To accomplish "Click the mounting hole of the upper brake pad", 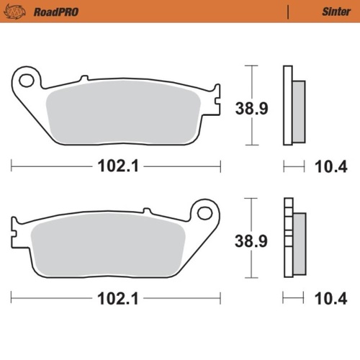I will tap(27, 80).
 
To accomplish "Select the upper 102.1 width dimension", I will tap(116, 167).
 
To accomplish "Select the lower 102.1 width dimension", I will tap(116, 297).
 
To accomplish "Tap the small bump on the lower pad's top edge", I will tap(147, 210).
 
